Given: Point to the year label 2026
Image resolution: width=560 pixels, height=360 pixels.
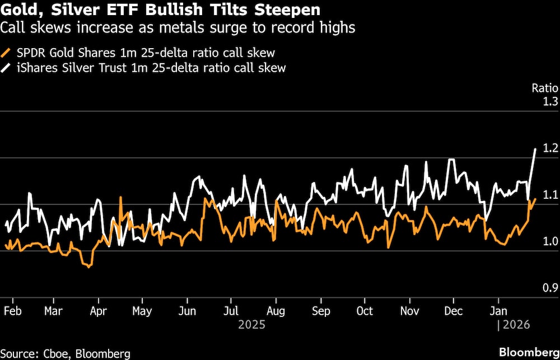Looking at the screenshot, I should click(516, 324).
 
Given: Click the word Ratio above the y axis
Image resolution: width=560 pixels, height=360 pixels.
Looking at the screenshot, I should click(545, 88).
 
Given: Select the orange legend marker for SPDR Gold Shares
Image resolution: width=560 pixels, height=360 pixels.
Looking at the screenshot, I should click(7, 53).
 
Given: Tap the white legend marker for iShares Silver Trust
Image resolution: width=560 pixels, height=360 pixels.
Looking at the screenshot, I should click(7, 68).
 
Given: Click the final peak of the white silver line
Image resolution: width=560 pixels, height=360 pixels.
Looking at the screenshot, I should click(536, 149).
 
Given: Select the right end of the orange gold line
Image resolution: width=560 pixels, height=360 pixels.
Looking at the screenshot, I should click(536, 199).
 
